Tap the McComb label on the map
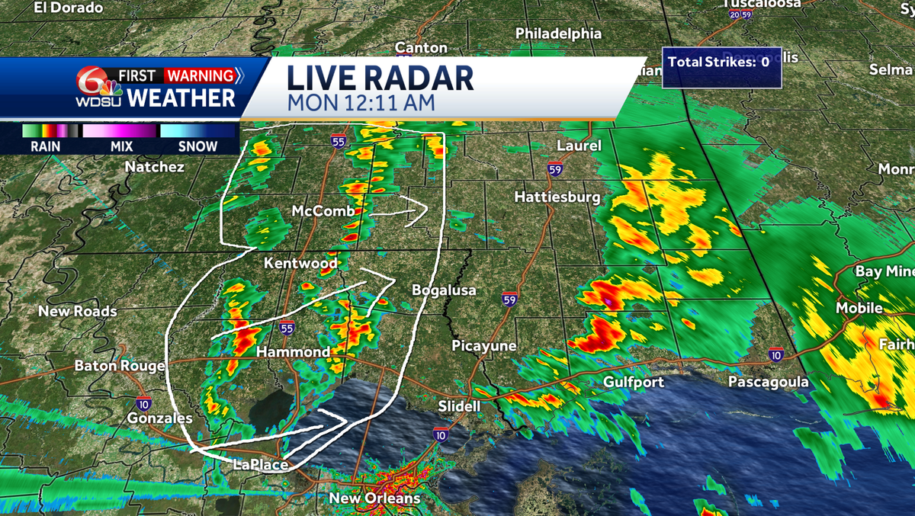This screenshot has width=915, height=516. click(x=323, y=211)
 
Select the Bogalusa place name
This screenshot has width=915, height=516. click(x=444, y=290)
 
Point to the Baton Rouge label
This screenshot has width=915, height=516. click(x=119, y=366)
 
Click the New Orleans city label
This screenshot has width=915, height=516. click(x=374, y=498)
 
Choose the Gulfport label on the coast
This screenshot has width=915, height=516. click(x=634, y=382)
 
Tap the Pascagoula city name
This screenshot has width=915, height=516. click(x=768, y=382)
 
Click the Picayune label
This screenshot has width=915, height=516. click(x=484, y=346)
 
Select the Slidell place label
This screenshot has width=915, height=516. click(x=460, y=406)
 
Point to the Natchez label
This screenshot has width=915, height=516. click(x=154, y=166)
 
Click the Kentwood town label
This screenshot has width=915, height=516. click(x=300, y=263)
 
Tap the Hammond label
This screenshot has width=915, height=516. click(x=293, y=352)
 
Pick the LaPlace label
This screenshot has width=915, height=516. click(x=261, y=465)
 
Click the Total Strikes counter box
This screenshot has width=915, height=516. click(x=717, y=62)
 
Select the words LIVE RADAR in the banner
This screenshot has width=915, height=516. click(x=380, y=79)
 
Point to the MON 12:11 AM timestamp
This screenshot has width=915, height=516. click(x=361, y=103)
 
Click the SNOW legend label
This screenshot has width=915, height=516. click(x=197, y=147)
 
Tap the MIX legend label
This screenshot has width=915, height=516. click(x=121, y=147)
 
